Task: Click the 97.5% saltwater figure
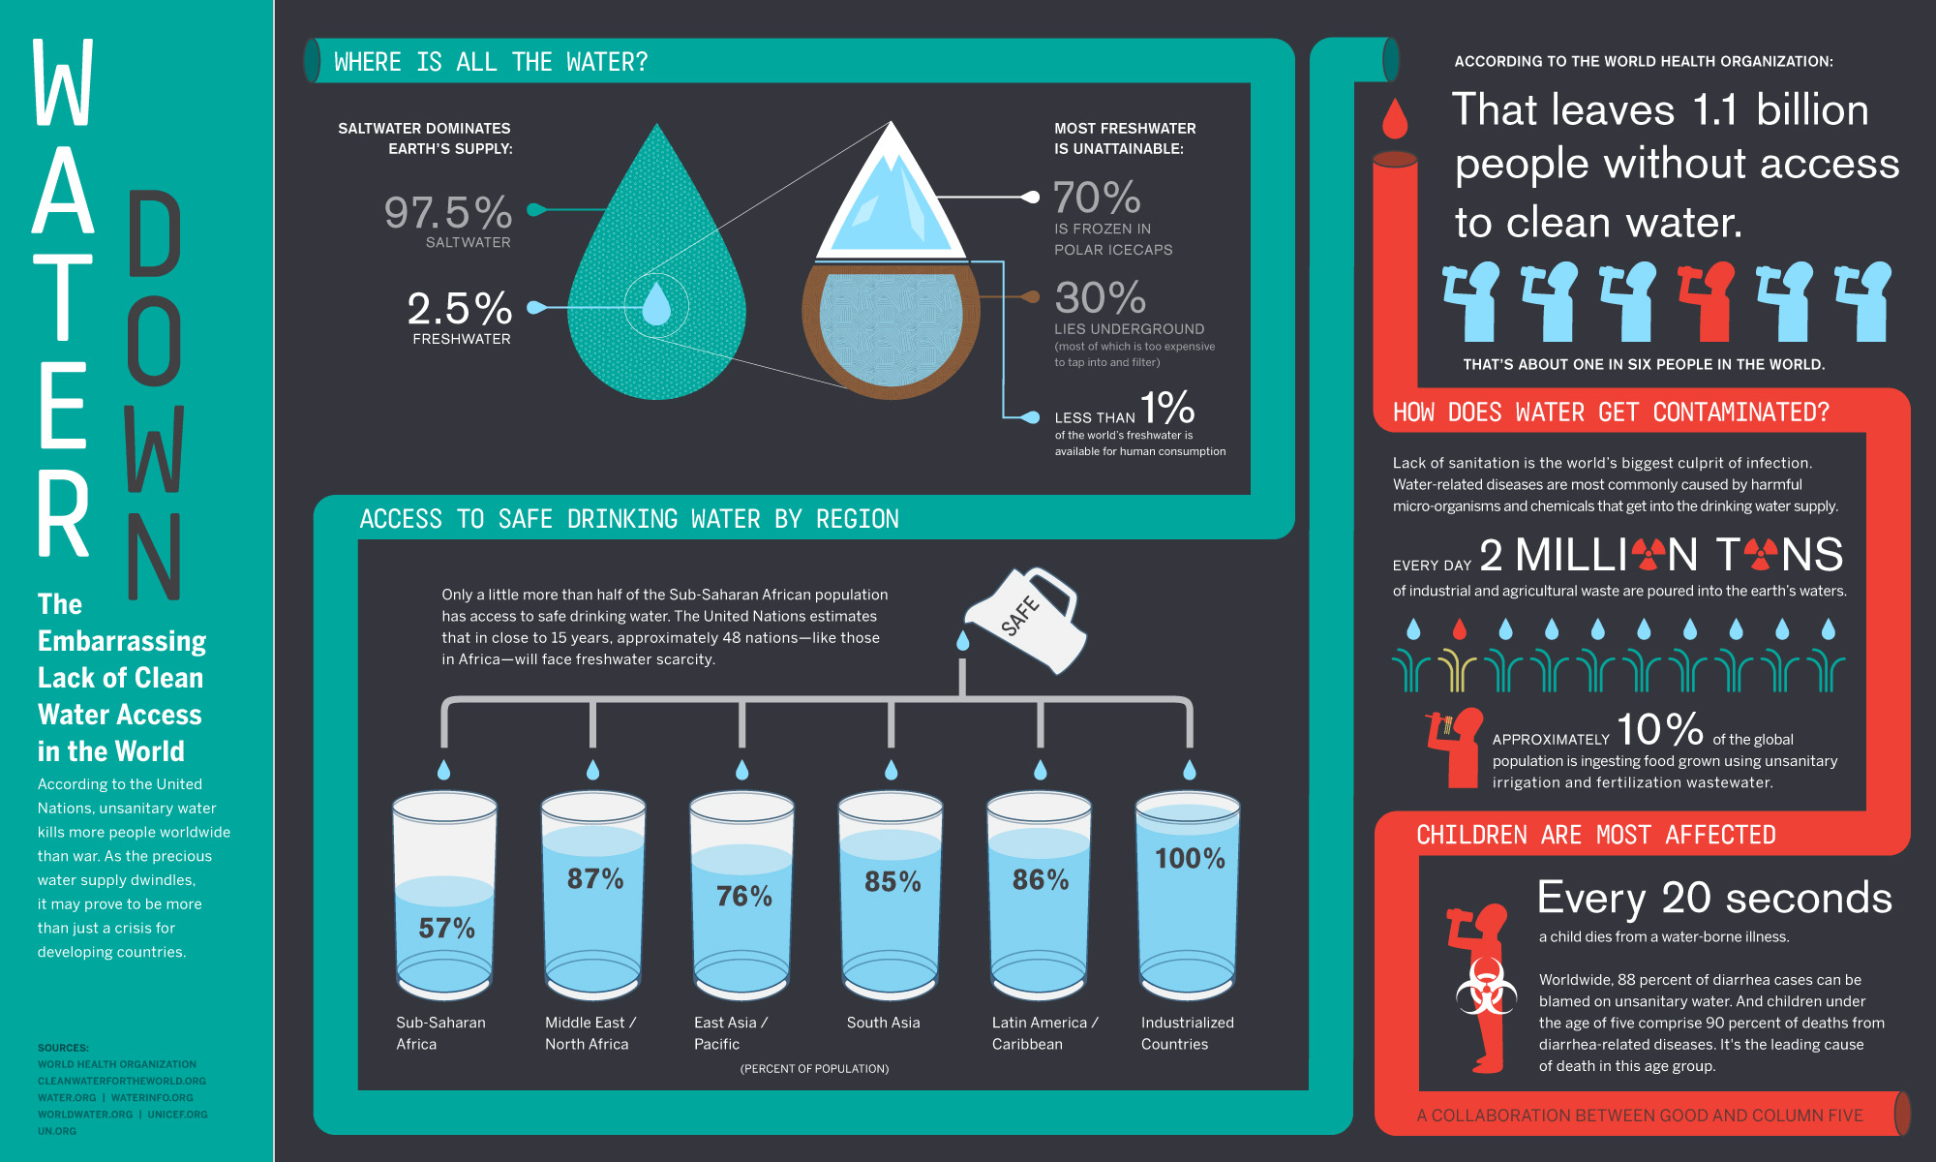click(x=448, y=213)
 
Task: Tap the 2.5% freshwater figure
click(x=460, y=309)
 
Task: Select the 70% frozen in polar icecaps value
click(x=1097, y=199)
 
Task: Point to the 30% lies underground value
click(x=1100, y=298)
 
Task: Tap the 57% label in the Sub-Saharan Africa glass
click(x=446, y=929)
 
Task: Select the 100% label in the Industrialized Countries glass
click(x=1190, y=859)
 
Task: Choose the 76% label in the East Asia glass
click(x=743, y=897)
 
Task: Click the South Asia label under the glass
click(x=883, y=1023)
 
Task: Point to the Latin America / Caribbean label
click(x=1044, y=1033)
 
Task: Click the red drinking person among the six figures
click(x=1708, y=301)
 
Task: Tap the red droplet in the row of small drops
click(x=1460, y=630)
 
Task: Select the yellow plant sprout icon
click(x=1457, y=670)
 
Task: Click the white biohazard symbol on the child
click(x=1486, y=987)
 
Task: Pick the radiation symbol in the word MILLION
click(x=1648, y=555)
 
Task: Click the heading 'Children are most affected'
click(x=1595, y=835)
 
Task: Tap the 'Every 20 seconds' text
click(x=1714, y=899)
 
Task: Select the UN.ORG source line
click(x=57, y=1131)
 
